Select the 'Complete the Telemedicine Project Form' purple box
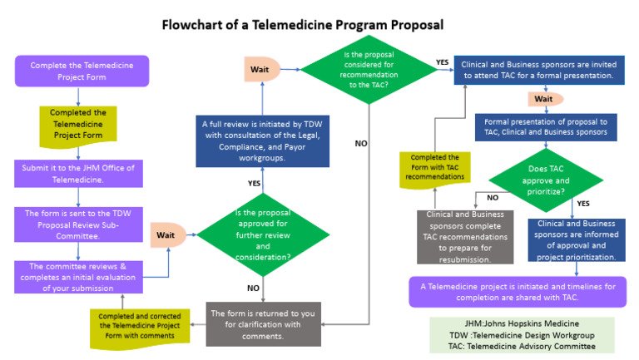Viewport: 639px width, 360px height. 82,71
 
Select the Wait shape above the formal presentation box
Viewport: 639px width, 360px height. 543,100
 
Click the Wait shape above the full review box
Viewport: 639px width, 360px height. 261,69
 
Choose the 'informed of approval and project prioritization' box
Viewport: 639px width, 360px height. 577,240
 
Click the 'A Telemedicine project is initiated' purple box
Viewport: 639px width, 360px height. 517,292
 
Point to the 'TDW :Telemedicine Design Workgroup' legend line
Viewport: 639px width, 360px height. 523,335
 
